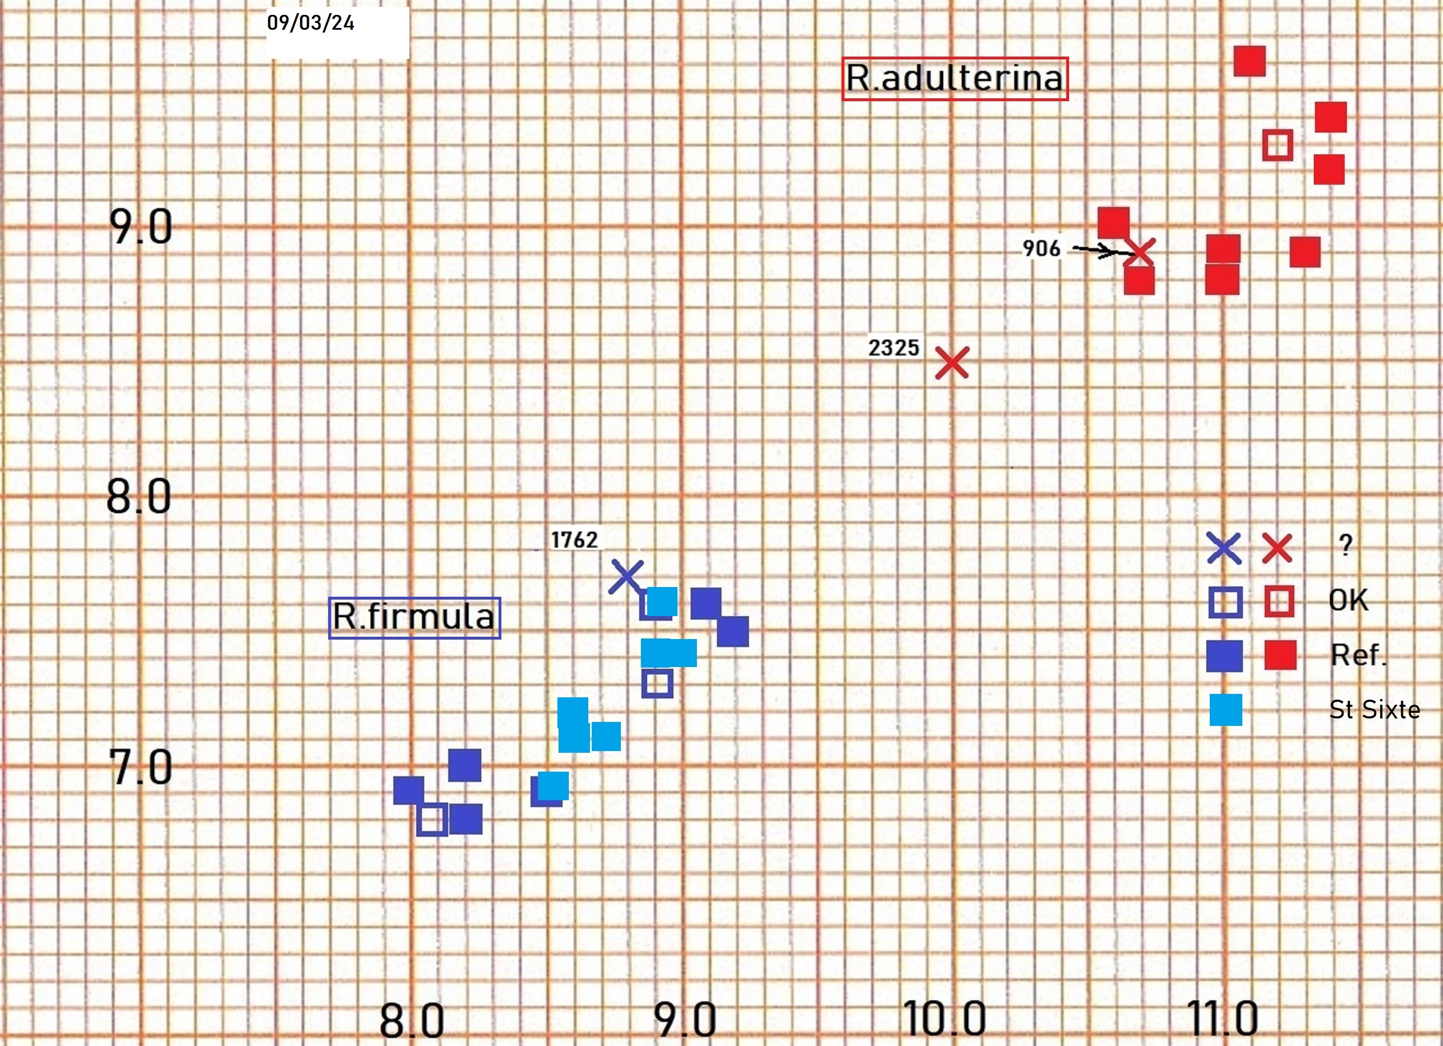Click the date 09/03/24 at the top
pos(310,23)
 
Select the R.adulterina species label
pos(954,79)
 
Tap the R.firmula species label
pos(414,617)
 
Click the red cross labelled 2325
pos(952,362)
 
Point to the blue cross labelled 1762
pos(626,577)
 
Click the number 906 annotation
pos(1042,248)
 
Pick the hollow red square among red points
pos(1278,145)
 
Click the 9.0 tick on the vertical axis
pos(141,226)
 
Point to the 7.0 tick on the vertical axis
pos(141,766)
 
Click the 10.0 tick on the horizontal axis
pos(944,1019)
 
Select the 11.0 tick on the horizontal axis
pos(1222,1019)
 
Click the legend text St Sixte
pos(1374,709)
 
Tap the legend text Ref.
pos(1358,654)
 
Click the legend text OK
pos(1348,600)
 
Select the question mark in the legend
pos(1345,545)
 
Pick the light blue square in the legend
pos(1225,709)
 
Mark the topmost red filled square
pos(1250,61)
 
